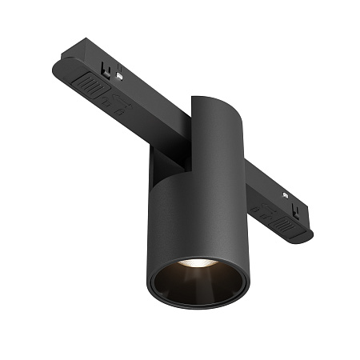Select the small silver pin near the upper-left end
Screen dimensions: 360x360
click(118, 76)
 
